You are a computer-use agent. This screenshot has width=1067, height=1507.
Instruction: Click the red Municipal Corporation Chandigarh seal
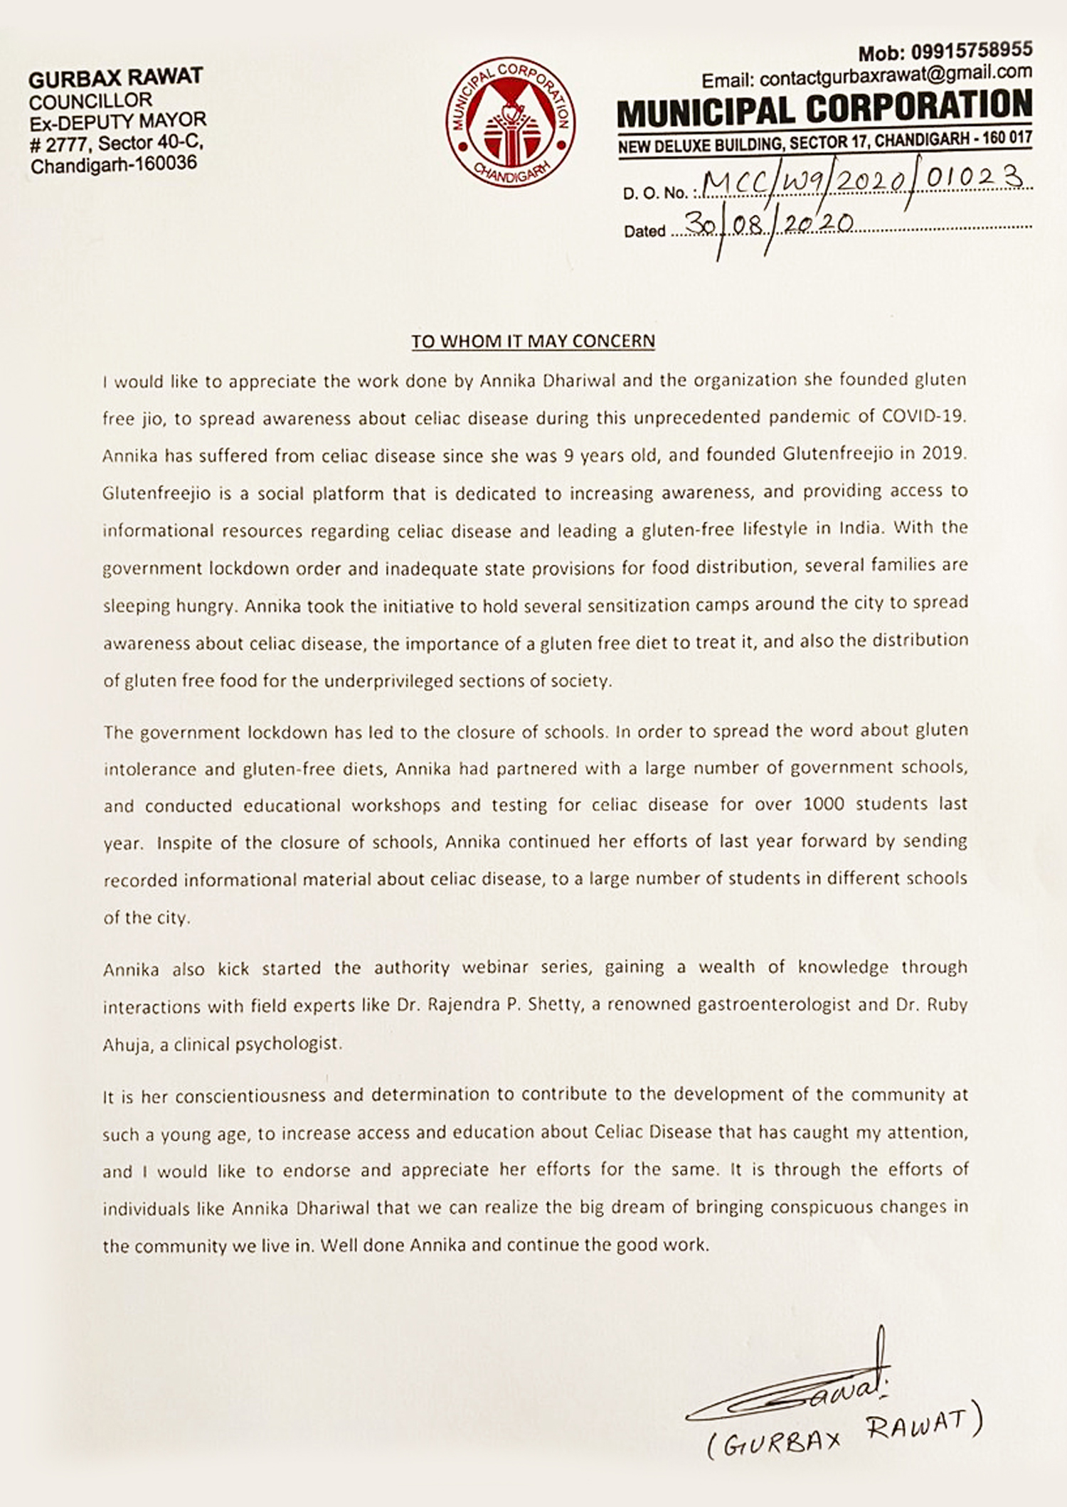(x=511, y=122)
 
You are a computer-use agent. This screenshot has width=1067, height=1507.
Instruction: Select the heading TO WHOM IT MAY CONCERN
(x=533, y=341)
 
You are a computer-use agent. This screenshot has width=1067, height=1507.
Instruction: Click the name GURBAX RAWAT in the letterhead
(x=116, y=77)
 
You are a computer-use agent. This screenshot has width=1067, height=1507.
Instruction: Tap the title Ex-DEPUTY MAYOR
(x=118, y=122)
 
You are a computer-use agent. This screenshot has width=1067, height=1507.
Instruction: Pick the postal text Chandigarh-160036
(x=114, y=166)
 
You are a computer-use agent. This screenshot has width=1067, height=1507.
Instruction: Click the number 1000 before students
(x=823, y=804)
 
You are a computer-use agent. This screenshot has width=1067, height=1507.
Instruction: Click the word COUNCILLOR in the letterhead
(x=90, y=100)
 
